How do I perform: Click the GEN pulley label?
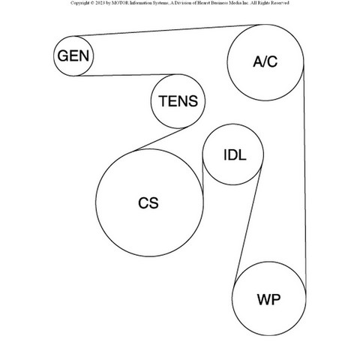[73, 55]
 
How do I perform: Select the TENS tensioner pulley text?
[178, 101]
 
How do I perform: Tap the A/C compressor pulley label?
[265, 61]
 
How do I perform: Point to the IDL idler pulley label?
[235, 155]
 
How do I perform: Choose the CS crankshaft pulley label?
[148, 202]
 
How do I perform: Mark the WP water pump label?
[268, 299]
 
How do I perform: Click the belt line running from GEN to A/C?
[167, 31]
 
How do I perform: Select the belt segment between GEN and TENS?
[126, 75]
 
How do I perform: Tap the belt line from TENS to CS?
[160, 139]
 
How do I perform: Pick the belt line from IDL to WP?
[247, 225]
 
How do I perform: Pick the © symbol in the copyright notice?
[92, 3]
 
